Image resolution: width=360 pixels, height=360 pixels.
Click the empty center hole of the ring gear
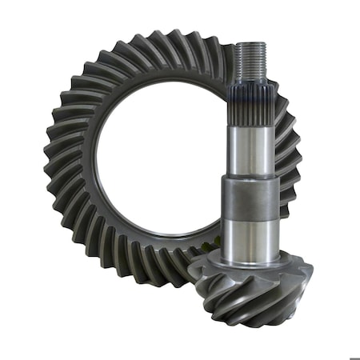pyautogui.click(x=160, y=168)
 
